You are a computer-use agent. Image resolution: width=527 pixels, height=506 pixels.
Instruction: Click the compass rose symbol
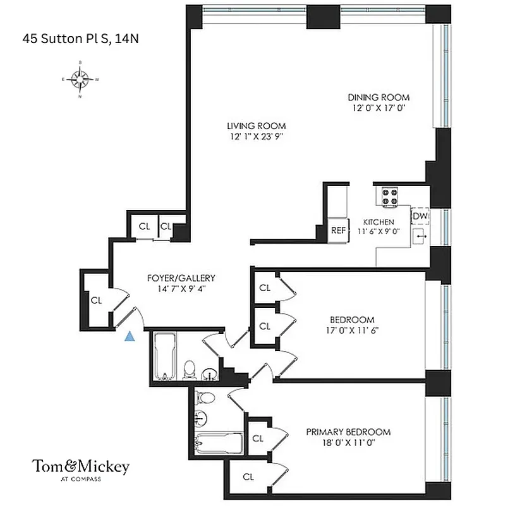(80, 80)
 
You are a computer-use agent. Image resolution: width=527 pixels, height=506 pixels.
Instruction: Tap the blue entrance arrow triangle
(130, 336)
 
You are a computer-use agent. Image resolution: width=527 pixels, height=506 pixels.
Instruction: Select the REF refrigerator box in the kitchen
(339, 230)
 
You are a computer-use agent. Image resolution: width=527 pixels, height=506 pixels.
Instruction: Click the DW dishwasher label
(420, 216)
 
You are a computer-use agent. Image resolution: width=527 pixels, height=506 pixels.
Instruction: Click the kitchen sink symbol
(420, 237)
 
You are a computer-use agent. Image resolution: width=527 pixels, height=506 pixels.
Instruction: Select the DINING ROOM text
(379, 97)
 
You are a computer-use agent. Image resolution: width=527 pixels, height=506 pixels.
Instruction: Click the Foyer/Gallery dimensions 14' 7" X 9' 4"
(181, 288)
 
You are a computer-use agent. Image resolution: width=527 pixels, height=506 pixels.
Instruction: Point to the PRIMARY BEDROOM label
(348, 432)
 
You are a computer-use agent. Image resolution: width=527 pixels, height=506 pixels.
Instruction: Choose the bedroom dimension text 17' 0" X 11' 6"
(352, 330)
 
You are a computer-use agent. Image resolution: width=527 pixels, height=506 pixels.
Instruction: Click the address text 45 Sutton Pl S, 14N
(80, 39)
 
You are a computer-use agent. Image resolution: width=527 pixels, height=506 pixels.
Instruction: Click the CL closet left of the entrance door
(96, 300)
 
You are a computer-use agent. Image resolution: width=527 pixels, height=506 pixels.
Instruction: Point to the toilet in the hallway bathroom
(189, 369)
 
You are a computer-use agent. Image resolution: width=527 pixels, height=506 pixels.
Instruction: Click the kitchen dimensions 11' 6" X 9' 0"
(378, 231)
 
